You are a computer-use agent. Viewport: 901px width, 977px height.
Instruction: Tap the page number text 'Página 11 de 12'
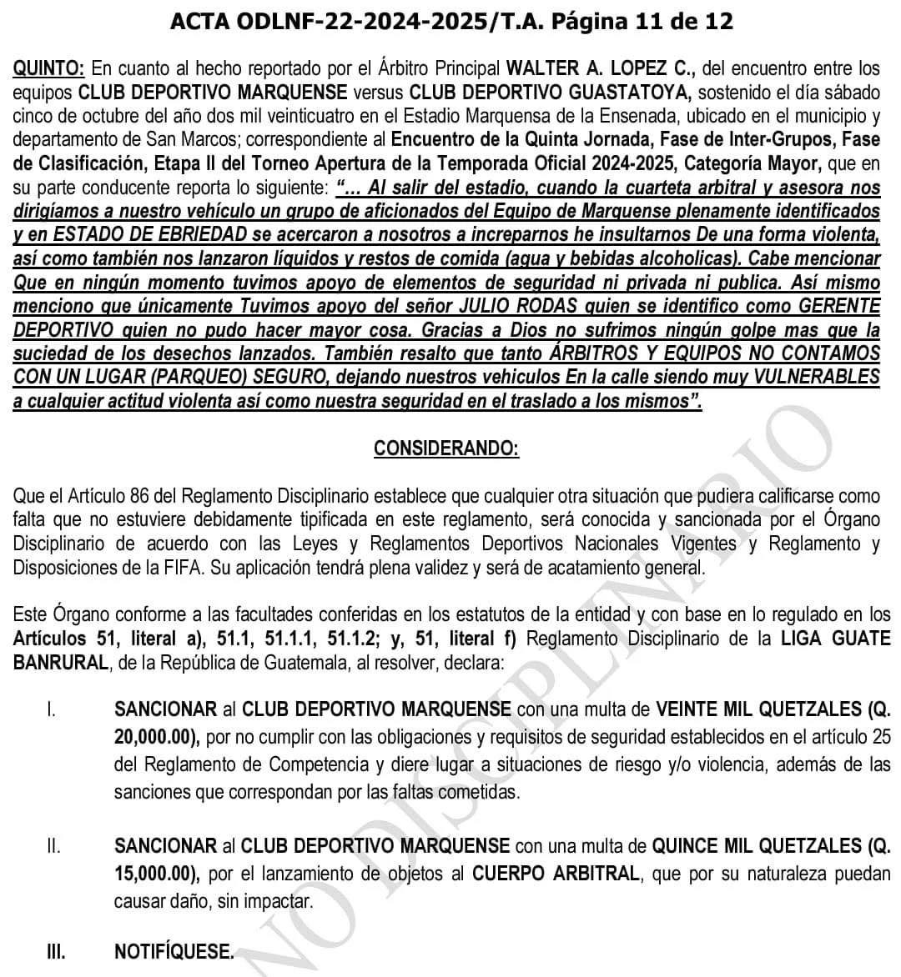coord(637,21)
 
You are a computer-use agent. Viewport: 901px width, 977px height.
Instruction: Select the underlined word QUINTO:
coord(49,68)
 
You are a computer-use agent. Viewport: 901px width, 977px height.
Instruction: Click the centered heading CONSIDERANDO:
coord(446,448)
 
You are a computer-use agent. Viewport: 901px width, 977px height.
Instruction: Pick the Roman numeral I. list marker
coord(52,710)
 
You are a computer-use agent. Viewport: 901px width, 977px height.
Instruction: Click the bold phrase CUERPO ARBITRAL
coord(556,874)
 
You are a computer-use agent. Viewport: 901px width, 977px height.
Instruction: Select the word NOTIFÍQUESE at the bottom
coord(174,951)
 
